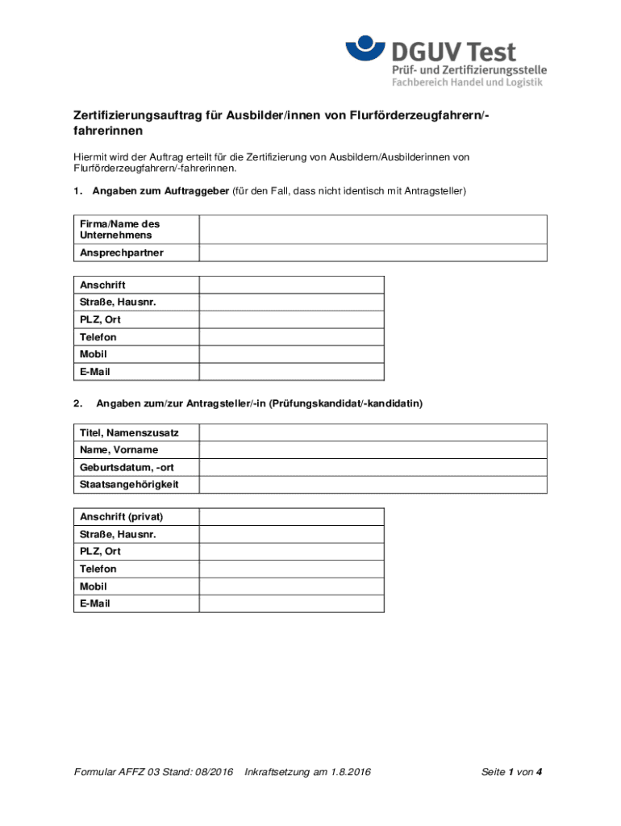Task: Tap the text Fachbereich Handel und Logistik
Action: pyautogui.click(x=467, y=82)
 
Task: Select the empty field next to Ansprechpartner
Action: pyautogui.click(x=373, y=253)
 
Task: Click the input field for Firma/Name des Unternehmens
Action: pyautogui.click(x=373, y=230)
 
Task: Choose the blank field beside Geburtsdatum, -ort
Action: pyautogui.click(x=373, y=467)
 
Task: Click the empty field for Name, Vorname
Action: pyautogui.click(x=373, y=450)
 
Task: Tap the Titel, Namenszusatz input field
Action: pyautogui.click(x=373, y=432)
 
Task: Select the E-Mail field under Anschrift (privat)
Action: pyautogui.click(x=291, y=603)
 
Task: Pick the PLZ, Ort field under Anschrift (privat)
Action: pyautogui.click(x=291, y=552)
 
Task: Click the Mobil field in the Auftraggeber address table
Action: pyautogui.click(x=291, y=354)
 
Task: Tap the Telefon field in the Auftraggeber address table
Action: pyautogui.click(x=291, y=337)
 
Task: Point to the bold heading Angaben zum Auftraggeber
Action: pyautogui.click(x=160, y=191)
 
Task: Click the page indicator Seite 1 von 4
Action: pyautogui.click(x=511, y=773)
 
